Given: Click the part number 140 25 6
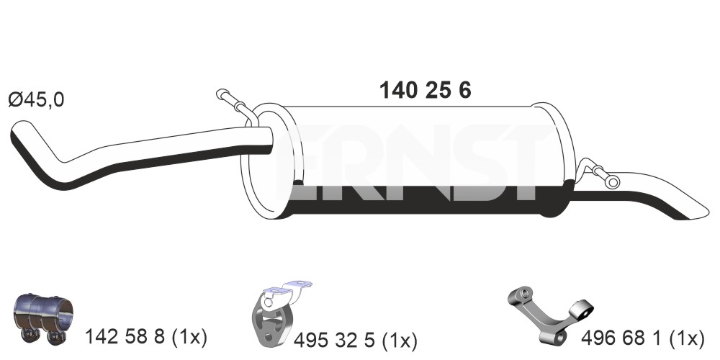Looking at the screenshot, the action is (426, 91).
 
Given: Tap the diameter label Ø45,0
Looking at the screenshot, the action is (37, 99).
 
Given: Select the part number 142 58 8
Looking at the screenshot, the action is (125, 338).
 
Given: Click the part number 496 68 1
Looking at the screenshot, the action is (621, 338).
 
